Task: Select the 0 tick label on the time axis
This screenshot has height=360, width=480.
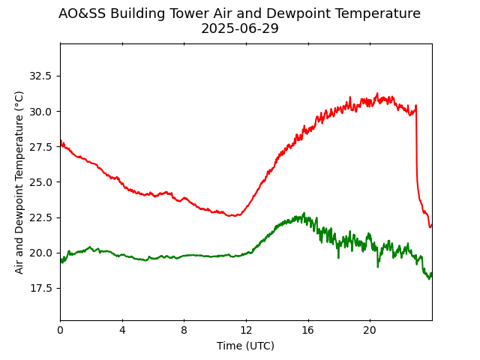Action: tap(60, 331)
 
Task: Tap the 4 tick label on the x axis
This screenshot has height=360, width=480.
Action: tap(122, 331)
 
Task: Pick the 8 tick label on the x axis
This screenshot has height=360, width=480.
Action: tap(184, 331)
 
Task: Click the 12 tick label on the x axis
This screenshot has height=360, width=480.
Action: tap(246, 331)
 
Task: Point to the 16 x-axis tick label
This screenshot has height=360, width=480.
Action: tap(307, 331)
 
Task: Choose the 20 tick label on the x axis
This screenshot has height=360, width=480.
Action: tap(370, 331)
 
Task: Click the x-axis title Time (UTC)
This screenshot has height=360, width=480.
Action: tap(246, 346)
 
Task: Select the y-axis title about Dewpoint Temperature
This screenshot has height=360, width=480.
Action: tap(19, 182)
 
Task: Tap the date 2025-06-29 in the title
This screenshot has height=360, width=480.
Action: tap(240, 29)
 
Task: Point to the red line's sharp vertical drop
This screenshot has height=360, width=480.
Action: tap(416, 150)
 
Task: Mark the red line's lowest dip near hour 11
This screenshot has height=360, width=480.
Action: tap(235, 216)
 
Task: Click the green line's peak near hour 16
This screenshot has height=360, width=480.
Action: tap(304, 214)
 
